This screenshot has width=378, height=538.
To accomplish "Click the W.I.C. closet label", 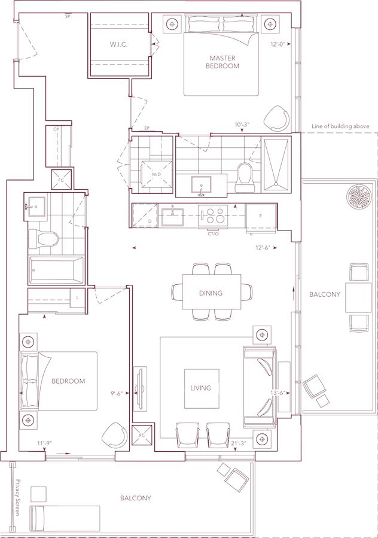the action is point(118,44).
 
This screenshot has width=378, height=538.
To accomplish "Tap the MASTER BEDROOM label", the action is point(222,62).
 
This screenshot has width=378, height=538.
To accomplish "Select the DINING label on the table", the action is point(211,293).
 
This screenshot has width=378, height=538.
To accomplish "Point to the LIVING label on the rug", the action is point(201,388).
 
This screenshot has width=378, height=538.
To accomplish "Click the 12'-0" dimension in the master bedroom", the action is point(278,44).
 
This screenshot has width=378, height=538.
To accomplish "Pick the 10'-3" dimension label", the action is point(242,125).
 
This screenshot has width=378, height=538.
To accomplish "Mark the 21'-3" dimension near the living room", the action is point(239,443).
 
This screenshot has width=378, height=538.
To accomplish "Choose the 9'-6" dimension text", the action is point(117,394).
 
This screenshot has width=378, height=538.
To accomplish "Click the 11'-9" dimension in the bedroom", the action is point(44,443).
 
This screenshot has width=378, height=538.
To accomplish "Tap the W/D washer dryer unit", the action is point(157,174).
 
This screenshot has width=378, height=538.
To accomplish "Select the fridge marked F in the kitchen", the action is point(261,216).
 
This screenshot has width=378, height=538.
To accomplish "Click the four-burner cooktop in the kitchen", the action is point(213,215).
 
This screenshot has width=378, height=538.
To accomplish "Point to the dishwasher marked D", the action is point(145,215).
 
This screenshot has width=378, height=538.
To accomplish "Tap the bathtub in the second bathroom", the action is point(56,270).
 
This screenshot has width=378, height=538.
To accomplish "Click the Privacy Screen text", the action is point(18,497).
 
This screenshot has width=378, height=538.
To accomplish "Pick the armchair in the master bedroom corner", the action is point(276,118).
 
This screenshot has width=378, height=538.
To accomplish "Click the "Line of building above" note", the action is point(340,126).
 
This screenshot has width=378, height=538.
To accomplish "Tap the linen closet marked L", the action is point(77,298).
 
